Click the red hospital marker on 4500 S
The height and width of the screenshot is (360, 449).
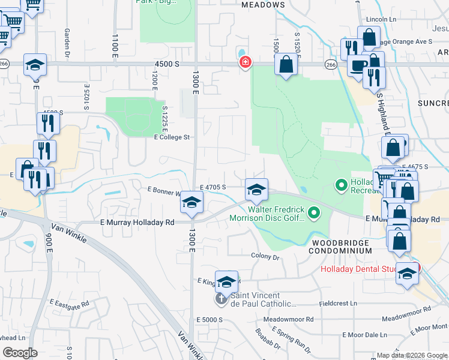pyautogui.click(x=245, y=62)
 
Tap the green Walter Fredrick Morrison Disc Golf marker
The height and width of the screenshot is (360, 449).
pyautogui.click(x=314, y=212)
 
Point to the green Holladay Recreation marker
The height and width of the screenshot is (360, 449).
pyautogui.click(x=342, y=185)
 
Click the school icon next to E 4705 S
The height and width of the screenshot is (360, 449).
pyautogui.click(x=256, y=190)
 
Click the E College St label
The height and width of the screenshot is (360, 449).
pyautogui.click(x=172, y=137)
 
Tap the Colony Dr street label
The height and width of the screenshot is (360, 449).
pyautogui.click(x=265, y=257)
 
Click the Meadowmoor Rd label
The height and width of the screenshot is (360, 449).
pyautogui.click(x=410, y=310)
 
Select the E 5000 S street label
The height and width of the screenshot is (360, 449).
pyautogui.click(x=208, y=319)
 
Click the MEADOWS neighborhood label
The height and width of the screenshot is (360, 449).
pyautogui.click(x=263, y=5)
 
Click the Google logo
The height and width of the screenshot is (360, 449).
pyautogui.click(x=20, y=352)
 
